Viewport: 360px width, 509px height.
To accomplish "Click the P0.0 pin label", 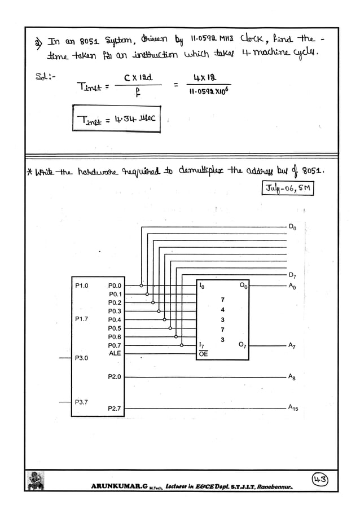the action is click(x=115, y=286).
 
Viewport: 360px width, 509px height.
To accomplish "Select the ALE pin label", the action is click(x=115, y=353).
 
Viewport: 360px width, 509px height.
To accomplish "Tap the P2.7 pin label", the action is click(x=115, y=408).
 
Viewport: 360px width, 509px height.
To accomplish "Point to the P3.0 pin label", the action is click(x=82, y=358).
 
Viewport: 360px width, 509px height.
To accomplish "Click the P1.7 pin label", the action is click(x=82, y=319).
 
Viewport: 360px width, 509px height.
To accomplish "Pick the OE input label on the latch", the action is click(x=203, y=354).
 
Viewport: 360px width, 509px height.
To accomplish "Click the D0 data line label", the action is click(x=292, y=227).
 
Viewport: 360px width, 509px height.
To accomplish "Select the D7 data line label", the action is click(x=292, y=275).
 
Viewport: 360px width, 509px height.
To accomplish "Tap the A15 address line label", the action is click(x=293, y=407).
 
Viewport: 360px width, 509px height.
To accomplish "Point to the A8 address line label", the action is click(x=292, y=376).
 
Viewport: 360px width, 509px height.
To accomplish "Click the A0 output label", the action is click(x=292, y=287).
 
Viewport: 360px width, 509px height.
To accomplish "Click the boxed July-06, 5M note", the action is click(x=287, y=188).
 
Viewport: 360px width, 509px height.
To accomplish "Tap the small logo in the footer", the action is click(x=36, y=481).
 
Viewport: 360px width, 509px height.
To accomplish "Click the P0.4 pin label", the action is click(x=115, y=320).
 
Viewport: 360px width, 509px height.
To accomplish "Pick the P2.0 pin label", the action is click(x=115, y=376).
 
